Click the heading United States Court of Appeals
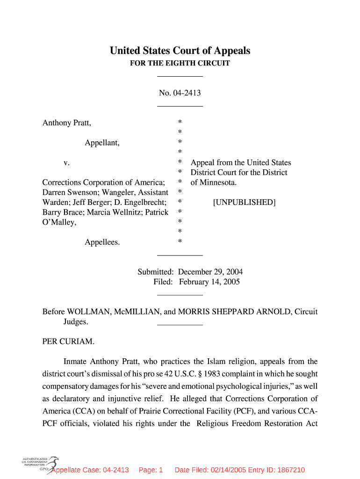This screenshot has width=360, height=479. [180, 51]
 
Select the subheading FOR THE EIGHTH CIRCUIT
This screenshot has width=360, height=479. [180, 63]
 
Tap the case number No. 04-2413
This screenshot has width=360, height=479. [180, 93]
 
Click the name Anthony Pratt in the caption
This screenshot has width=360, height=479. [66, 123]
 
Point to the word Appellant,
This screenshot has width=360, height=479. [102, 143]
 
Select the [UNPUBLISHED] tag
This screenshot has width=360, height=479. [244, 202]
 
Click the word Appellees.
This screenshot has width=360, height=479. [102, 242]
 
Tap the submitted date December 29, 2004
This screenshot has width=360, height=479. [210, 272]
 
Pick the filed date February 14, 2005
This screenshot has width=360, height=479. [209, 282]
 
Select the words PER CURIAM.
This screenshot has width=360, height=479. [68, 341]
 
